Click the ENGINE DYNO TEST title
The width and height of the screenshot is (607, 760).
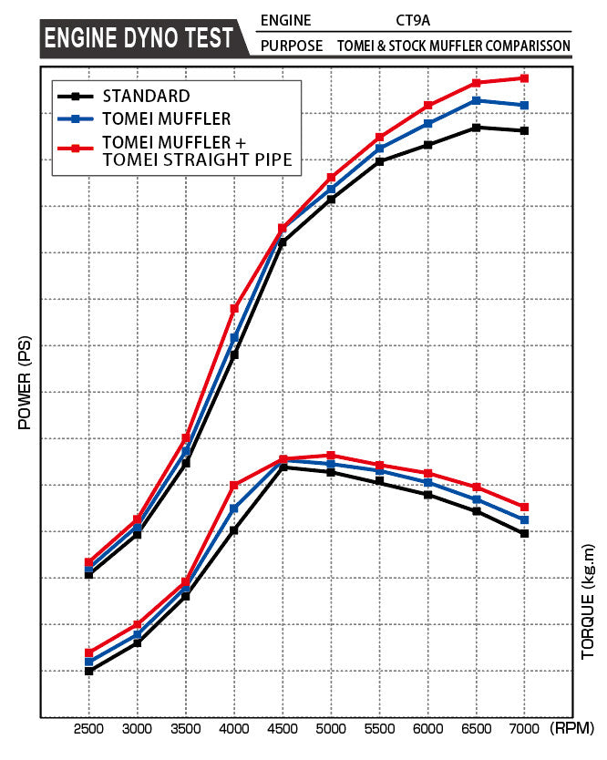tap(139, 39)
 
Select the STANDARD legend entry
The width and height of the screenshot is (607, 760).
tap(146, 95)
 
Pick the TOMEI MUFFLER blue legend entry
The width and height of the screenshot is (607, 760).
tap(167, 118)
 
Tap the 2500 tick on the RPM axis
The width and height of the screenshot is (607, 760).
tap(88, 730)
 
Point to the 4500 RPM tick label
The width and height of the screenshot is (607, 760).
tap(283, 730)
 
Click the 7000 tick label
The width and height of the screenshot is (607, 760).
tap(524, 730)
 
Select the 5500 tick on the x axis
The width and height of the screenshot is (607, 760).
tap(379, 730)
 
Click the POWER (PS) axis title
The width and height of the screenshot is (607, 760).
tap(24, 383)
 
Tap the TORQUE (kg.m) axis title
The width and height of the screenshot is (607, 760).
tap(588, 601)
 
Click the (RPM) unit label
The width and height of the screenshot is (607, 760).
tap(572, 730)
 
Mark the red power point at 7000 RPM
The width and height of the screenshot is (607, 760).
tap(524, 78)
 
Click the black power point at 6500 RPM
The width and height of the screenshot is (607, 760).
tap(476, 128)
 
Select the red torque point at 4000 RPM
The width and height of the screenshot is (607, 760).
tap(234, 485)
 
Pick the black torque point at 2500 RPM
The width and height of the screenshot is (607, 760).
tap(88, 671)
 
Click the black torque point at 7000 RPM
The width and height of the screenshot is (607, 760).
tap(524, 533)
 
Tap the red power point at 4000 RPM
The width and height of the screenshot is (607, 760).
tap(234, 309)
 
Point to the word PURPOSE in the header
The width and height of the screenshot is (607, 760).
tap(292, 46)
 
